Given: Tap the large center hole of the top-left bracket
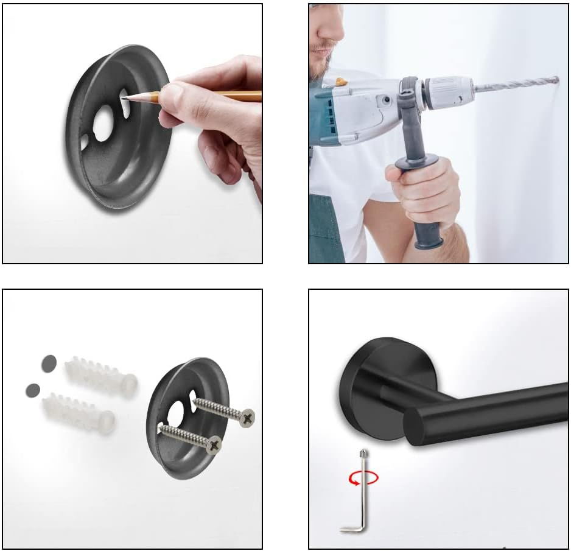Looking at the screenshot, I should (x=103, y=124).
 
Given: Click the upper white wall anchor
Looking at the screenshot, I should (x=100, y=376).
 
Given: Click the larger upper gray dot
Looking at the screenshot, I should (x=49, y=364).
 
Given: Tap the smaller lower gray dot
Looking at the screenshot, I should (x=32, y=390).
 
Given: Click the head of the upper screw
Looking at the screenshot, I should (x=247, y=418).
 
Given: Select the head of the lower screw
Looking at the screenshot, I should (x=214, y=445).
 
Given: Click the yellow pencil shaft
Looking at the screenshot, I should (x=213, y=96).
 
